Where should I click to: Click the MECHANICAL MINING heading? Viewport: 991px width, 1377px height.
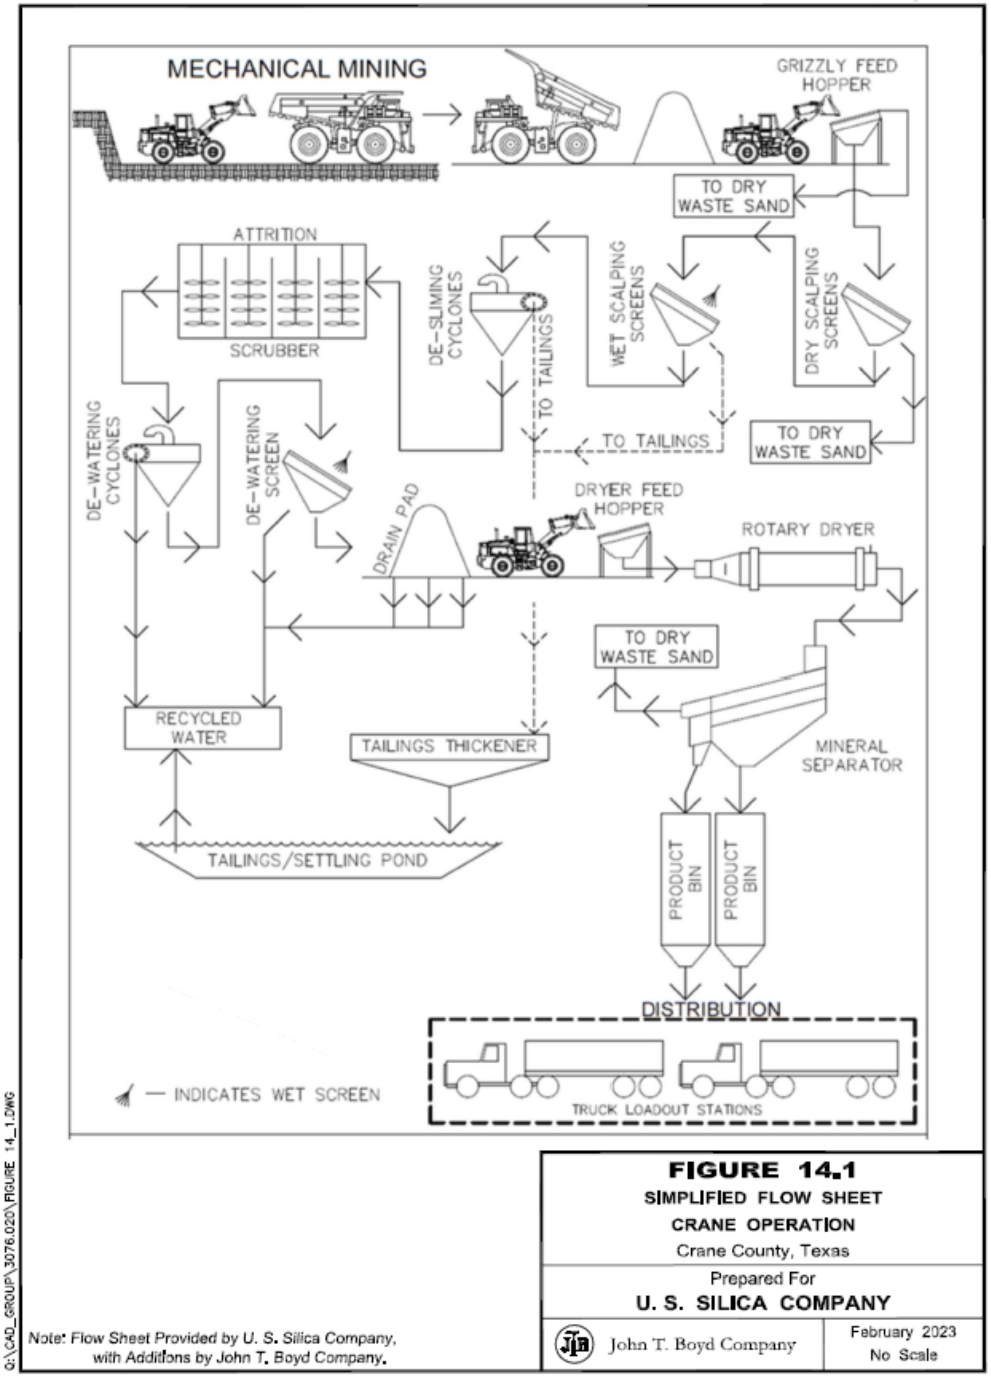pyautogui.click(x=297, y=69)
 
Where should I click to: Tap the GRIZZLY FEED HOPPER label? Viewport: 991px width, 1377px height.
pyautogui.click(x=837, y=75)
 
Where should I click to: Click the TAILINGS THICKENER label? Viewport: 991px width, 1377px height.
pyautogui.click(x=449, y=746)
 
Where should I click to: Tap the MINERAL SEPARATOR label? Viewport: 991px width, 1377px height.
pyautogui.click(x=852, y=755)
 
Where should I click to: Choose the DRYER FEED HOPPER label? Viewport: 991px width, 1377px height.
pyautogui.click(x=629, y=499)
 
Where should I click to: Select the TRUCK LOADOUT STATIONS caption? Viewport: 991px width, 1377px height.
pyautogui.click(x=666, y=1110)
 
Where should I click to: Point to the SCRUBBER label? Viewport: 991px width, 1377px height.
pyautogui.click(x=274, y=350)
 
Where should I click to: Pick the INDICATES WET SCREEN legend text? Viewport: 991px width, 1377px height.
pyautogui.click(x=277, y=1095)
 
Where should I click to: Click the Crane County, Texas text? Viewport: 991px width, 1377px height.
pyautogui.click(x=763, y=1251)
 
